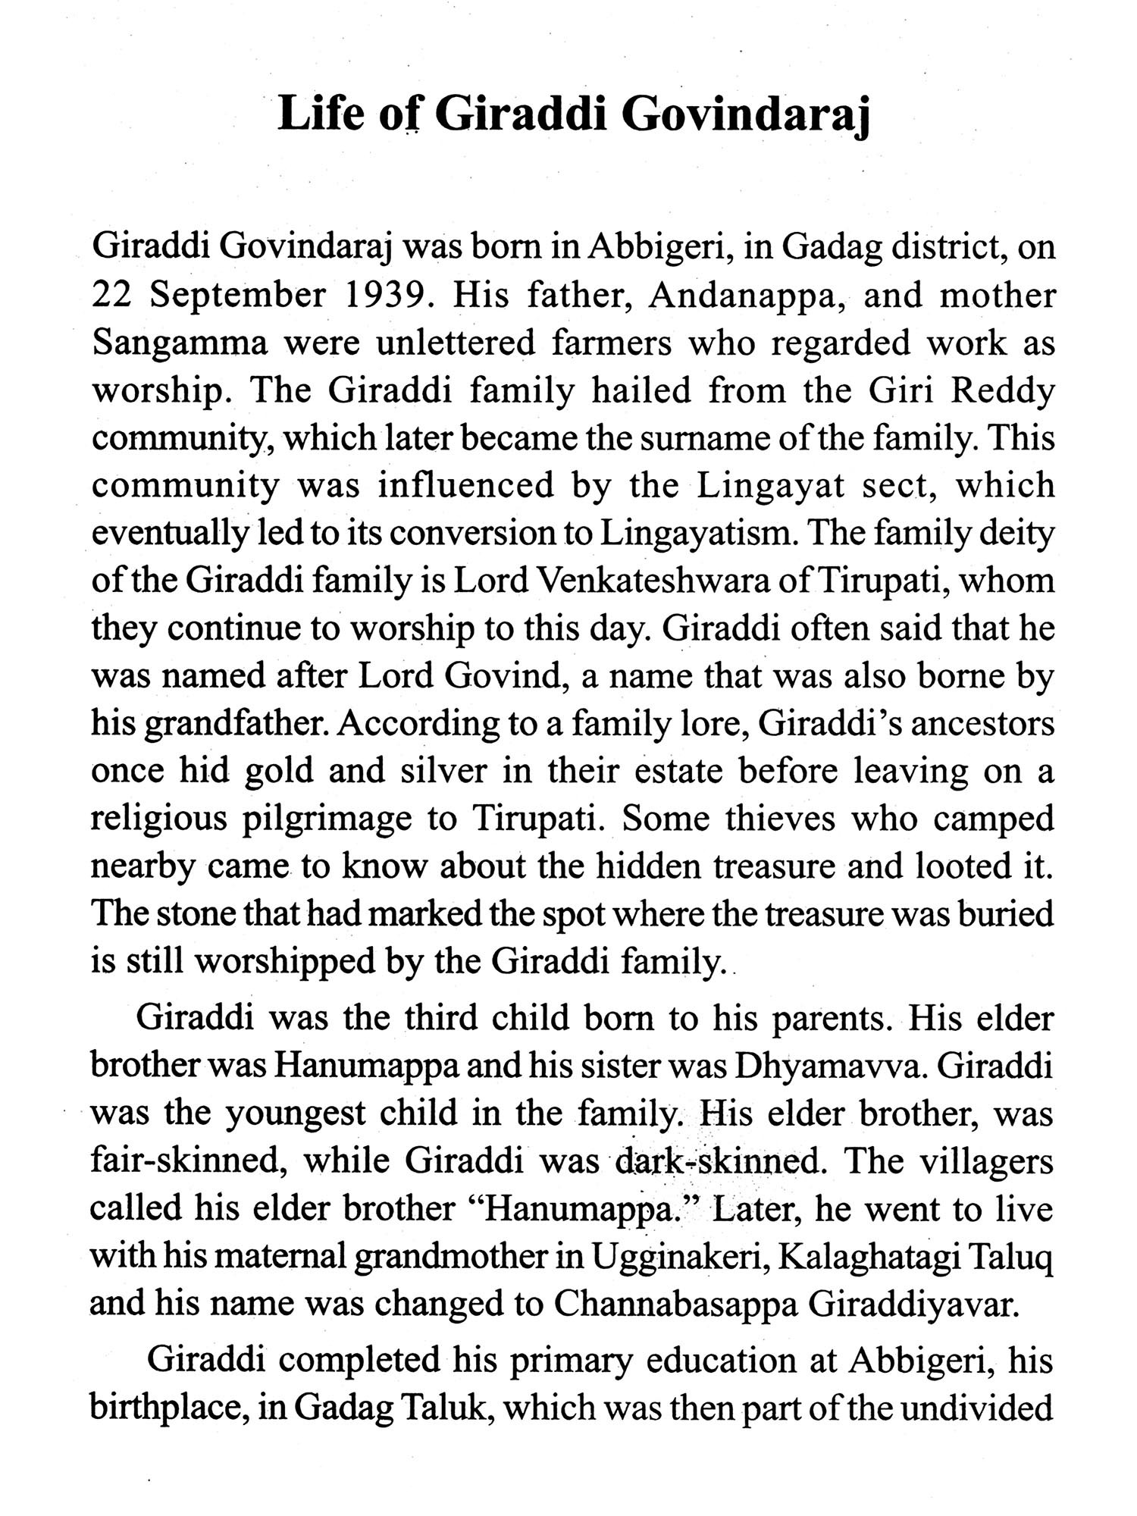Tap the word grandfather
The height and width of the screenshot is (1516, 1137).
pos(236,725)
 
